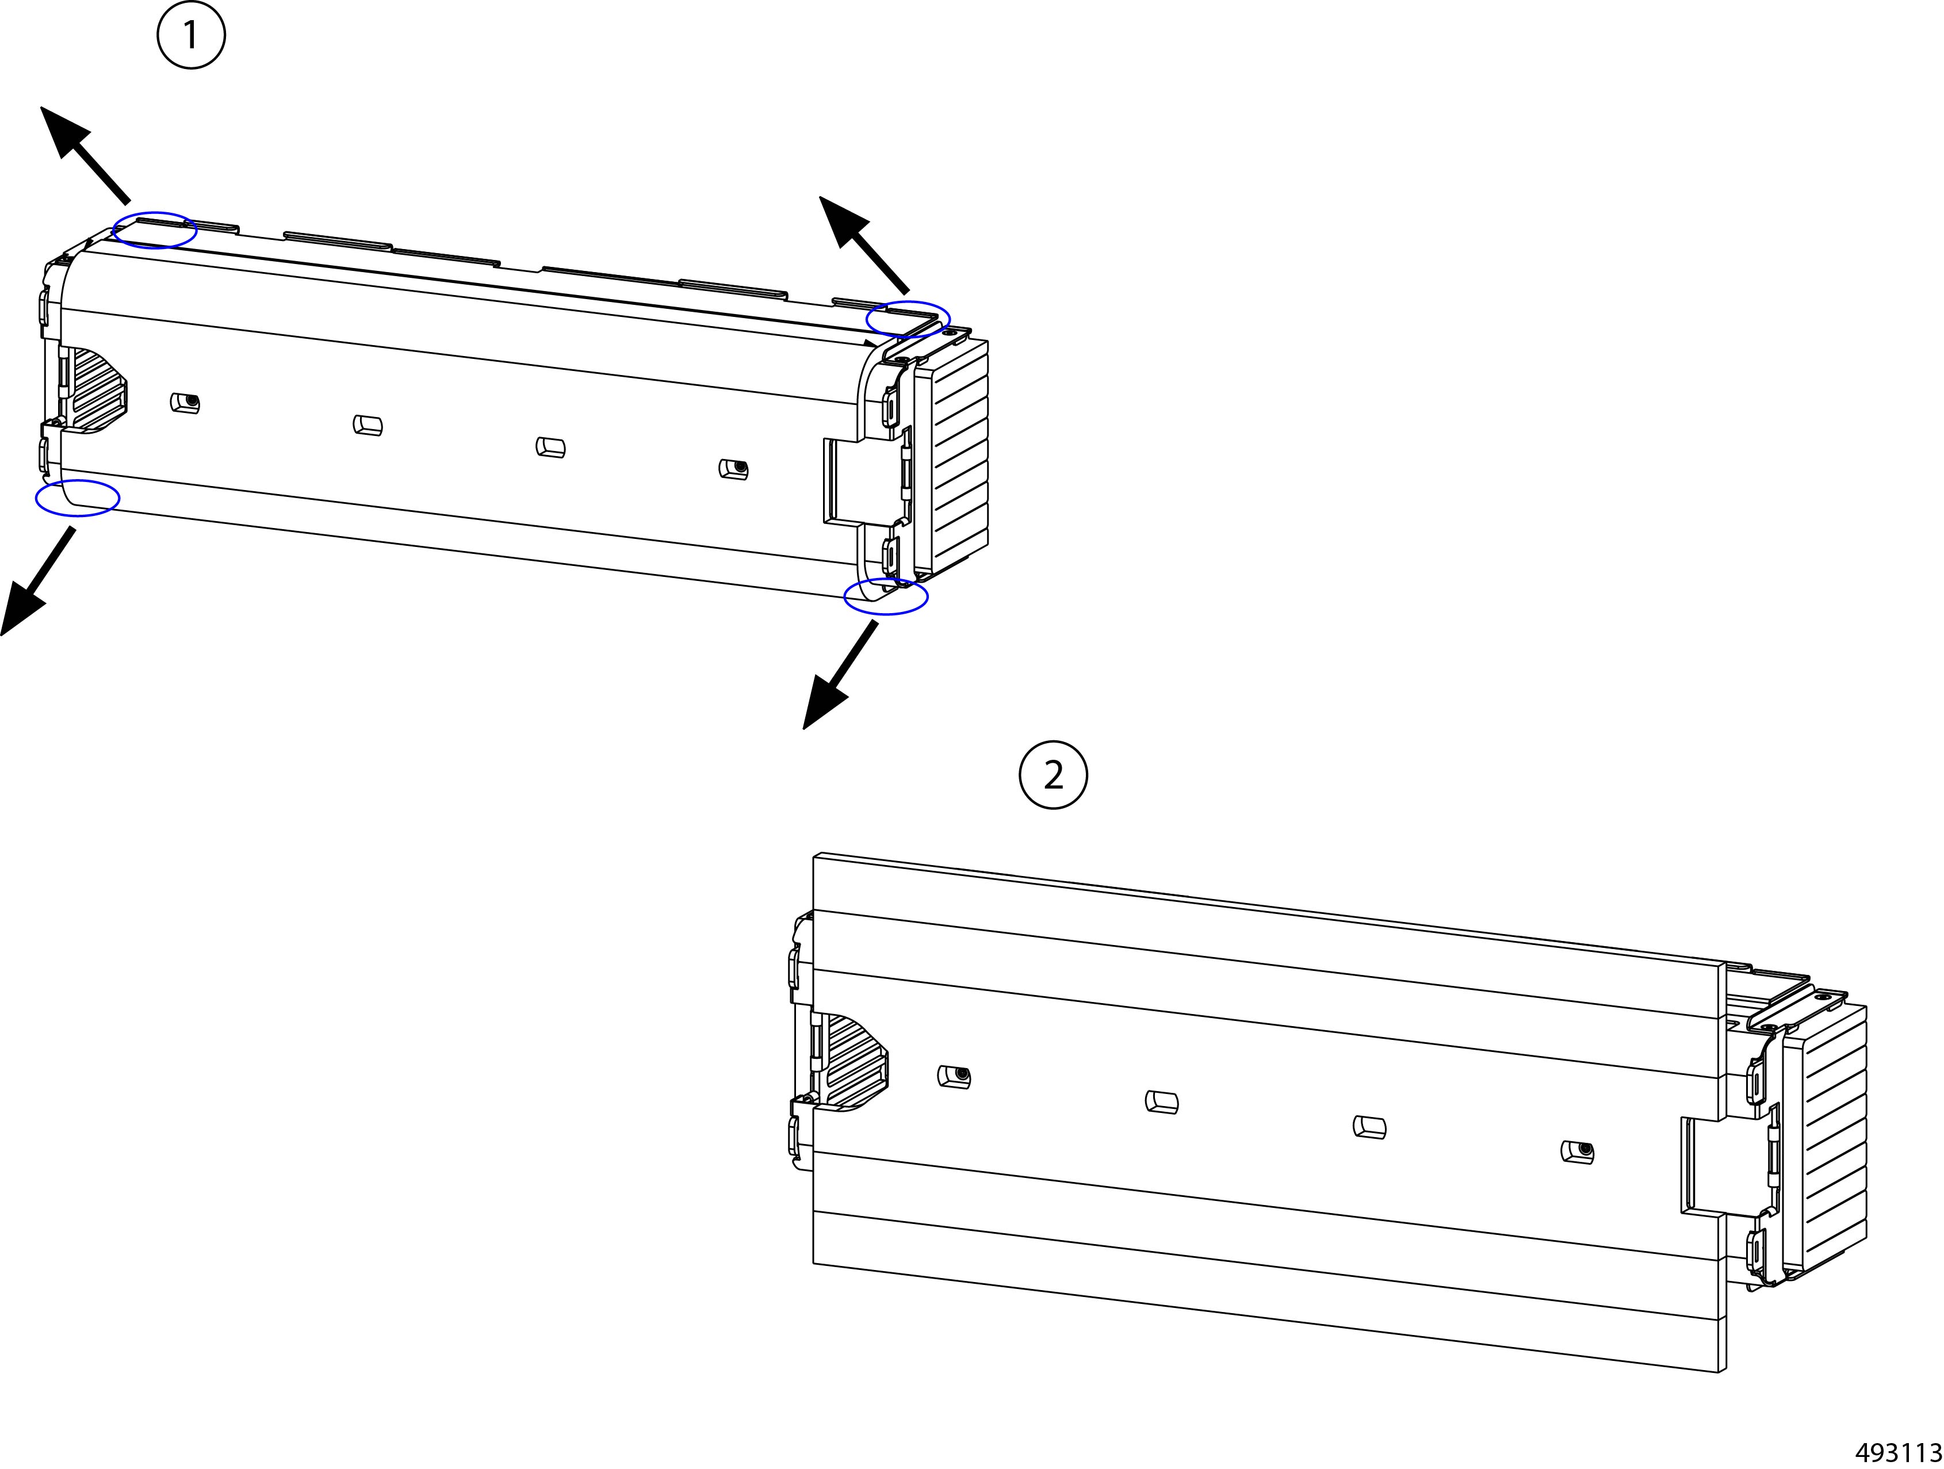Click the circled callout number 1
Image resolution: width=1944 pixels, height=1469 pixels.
pos(191,36)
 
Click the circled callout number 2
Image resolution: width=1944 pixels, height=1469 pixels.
pos(1053,775)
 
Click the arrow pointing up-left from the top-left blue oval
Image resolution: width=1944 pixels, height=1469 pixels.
pos(85,155)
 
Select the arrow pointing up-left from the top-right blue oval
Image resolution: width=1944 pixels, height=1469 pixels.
pos(864,244)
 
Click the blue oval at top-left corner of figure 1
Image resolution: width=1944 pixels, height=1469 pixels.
pos(155,230)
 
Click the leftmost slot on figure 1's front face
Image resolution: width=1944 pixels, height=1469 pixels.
pos(185,403)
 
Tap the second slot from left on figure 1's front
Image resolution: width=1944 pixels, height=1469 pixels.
pos(368,426)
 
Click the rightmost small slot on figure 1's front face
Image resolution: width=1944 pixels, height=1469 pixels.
pos(733,469)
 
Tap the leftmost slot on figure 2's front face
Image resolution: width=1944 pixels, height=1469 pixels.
pos(954,1077)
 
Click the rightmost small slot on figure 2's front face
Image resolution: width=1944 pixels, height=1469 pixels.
pos(1578,1152)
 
